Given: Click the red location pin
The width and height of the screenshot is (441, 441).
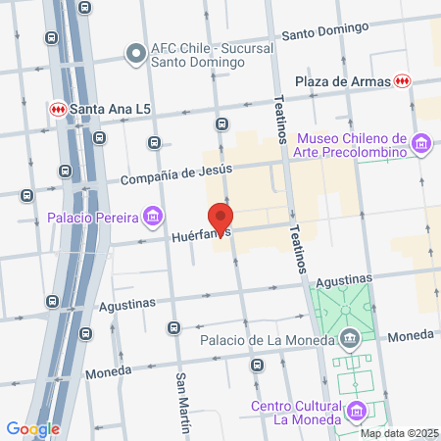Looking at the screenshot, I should [x=220, y=217].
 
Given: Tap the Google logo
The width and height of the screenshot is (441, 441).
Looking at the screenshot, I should [x=32, y=428].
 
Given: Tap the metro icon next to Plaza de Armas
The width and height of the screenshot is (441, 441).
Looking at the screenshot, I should [x=401, y=80].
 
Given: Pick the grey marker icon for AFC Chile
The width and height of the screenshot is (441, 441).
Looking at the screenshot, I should [x=134, y=52].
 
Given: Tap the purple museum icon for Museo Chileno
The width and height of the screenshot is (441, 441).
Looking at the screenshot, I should [x=421, y=145].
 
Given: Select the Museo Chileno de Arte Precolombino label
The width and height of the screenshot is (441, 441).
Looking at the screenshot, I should [x=351, y=145].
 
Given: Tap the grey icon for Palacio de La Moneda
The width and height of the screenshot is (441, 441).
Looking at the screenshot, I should [x=350, y=341].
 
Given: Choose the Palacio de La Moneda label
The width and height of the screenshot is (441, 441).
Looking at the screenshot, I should [x=268, y=341].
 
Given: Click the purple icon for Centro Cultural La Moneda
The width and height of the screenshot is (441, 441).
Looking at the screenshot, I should [x=358, y=411].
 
